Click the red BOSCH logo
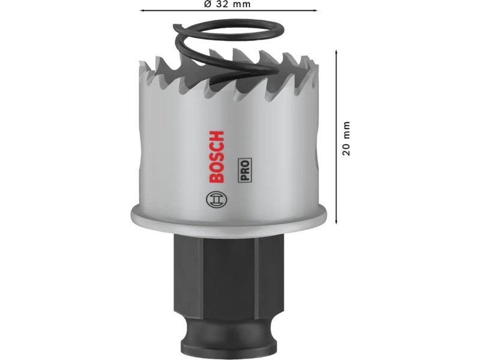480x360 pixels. [x=217, y=157]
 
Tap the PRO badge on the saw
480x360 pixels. [x=245, y=170]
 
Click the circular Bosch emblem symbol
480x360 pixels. [x=217, y=200]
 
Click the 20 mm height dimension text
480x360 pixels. [x=346, y=139]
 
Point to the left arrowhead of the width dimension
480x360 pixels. [x=142, y=11]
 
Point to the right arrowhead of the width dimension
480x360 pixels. [x=316, y=11]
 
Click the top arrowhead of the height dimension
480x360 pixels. [x=337, y=52]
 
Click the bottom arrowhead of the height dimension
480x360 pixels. [x=337, y=221]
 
